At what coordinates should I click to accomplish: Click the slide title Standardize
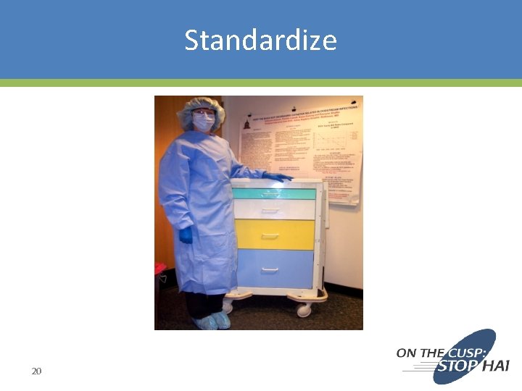(260, 40)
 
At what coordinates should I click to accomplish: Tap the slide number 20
(36, 371)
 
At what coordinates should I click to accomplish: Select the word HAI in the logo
(495, 366)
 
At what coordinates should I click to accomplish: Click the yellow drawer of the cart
(273, 234)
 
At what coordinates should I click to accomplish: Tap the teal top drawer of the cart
(273, 194)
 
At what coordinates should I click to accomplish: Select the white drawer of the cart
(273, 209)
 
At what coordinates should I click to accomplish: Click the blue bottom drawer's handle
(270, 270)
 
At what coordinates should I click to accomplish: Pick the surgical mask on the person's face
(204, 123)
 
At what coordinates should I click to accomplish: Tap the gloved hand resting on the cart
(278, 176)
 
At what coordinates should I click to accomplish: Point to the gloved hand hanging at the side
(186, 235)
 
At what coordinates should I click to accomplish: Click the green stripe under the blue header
(260, 83)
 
